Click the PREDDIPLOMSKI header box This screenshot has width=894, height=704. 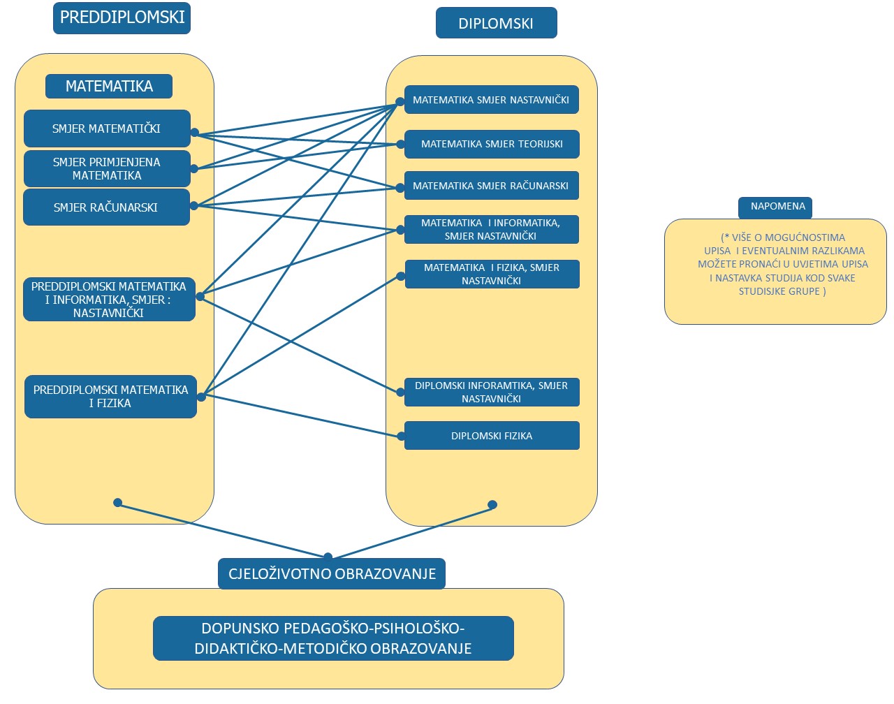click(122, 18)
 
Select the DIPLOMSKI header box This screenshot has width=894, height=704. click(496, 23)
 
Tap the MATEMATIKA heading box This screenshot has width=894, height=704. click(109, 87)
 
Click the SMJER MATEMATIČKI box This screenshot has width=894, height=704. click(107, 129)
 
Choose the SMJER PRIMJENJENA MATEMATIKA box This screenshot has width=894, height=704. click(107, 169)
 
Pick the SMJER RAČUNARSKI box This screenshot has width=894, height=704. click(106, 207)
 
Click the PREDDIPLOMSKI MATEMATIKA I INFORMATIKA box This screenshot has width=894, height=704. click(109, 300)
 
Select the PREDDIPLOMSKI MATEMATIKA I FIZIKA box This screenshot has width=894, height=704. click(110, 397)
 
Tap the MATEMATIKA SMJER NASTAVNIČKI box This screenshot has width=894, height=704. click(492, 100)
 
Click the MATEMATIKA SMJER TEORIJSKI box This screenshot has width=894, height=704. click(492, 144)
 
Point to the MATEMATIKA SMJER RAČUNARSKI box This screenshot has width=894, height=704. click(492, 186)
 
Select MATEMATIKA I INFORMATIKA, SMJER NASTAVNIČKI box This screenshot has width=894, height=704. click(492, 229)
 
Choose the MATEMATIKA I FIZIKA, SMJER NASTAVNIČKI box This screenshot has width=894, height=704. click(492, 274)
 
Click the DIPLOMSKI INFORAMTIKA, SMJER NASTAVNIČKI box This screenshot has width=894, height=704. click(492, 392)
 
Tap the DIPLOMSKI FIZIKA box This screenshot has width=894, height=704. click(492, 436)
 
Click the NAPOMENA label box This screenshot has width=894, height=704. click(775, 207)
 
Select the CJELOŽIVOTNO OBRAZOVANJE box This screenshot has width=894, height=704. click(332, 574)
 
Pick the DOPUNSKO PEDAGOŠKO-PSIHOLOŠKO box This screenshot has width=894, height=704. click(333, 638)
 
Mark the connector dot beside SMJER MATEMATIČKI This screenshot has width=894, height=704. click(195, 133)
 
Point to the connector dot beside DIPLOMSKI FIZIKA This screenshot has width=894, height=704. click(401, 437)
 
